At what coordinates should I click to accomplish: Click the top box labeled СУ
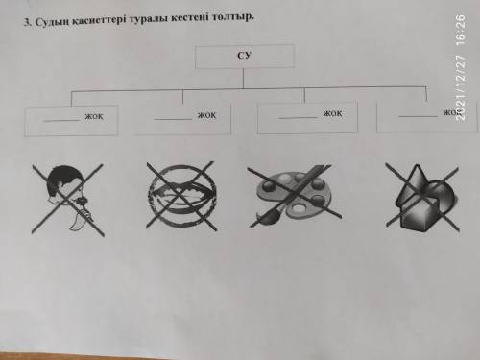(x=245, y=57)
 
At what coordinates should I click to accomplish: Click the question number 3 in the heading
(x=28, y=23)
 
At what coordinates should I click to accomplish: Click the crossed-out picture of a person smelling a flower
(x=68, y=200)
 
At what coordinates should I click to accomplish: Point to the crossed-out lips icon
(x=181, y=196)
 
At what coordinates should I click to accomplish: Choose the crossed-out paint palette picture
(x=294, y=195)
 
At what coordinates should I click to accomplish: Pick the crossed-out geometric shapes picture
(x=422, y=198)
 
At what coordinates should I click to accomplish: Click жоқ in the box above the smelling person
(x=94, y=116)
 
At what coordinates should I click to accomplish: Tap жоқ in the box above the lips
(x=206, y=115)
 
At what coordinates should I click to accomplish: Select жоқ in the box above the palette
(x=332, y=113)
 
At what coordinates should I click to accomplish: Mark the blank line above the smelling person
(x=61, y=121)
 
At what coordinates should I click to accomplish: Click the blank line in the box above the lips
(x=173, y=119)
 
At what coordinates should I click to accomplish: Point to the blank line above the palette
(x=299, y=118)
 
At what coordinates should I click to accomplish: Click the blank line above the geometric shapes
(x=419, y=116)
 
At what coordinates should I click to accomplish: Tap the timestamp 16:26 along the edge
(x=460, y=29)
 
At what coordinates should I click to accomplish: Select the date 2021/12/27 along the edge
(x=460, y=87)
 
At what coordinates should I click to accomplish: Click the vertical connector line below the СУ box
(x=243, y=79)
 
